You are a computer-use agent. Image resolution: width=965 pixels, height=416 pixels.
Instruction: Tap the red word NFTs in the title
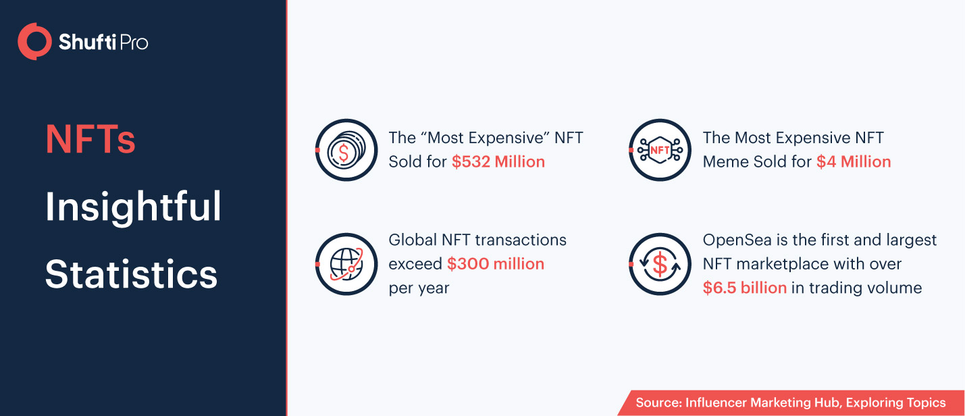click(x=90, y=139)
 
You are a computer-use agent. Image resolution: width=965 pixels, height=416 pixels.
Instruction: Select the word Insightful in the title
click(x=133, y=207)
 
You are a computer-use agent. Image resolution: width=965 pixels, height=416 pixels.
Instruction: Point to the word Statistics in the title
click(x=132, y=274)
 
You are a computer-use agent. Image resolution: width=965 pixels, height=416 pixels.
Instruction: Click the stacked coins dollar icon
click(x=346, y=151)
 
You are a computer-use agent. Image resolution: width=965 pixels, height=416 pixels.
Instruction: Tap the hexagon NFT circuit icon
click(x=660, y=151)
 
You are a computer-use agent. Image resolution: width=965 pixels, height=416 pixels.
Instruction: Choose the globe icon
click(x=346, y=264)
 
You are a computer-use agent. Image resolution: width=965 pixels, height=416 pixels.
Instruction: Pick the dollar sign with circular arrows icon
click(x=660, y=264)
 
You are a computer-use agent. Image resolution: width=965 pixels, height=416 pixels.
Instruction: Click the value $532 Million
click(x=498, y=162)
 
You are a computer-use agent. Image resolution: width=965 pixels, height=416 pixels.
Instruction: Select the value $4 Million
click(x=854, y=162)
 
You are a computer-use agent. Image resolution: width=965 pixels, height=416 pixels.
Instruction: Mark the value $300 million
click(x=496, y=264)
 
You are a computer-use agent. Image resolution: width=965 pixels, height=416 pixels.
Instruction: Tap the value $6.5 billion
click(x=745, y=288)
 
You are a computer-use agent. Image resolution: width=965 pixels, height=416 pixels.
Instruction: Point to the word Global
click(x=413, y=240)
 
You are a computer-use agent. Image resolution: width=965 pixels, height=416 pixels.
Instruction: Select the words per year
click(x=419, y=288)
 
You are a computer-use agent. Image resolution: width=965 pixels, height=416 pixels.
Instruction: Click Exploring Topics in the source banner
click(x=895, y=403)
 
